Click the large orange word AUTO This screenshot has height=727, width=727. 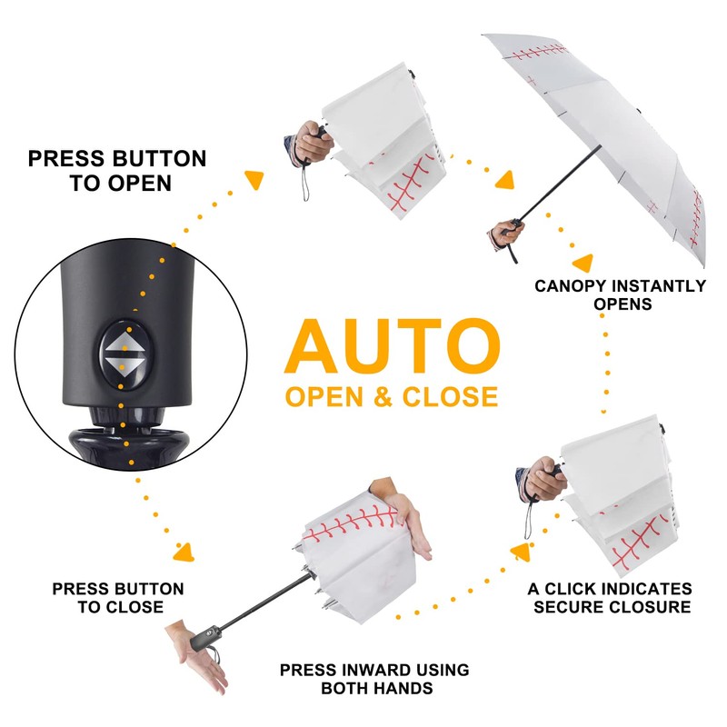coord(392,346)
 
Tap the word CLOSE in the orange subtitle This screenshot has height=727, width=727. coord(450,397)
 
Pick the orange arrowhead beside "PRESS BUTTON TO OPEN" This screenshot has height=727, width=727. coord(254,178)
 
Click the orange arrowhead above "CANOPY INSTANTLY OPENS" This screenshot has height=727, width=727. coord(583,262)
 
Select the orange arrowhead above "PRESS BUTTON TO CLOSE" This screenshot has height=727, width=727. coord(184,553)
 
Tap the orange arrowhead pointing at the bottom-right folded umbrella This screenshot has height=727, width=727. coord(521,552)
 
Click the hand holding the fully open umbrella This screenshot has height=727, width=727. coord(507,234)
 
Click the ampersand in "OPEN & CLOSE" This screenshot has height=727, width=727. coord(383,397)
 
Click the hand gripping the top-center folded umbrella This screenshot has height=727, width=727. coord(314,142)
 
